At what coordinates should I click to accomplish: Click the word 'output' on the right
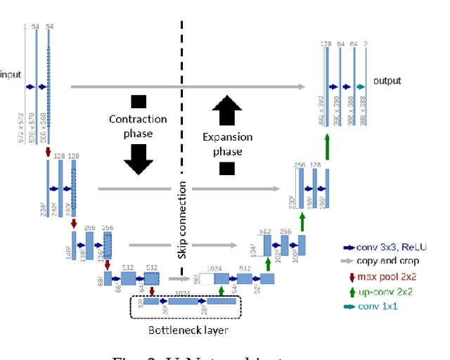(387, 81)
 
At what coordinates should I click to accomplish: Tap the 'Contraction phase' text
(138, 127)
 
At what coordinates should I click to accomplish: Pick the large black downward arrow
(138, 161)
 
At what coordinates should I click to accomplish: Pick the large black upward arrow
(226, 109)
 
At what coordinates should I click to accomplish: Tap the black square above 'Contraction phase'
(138, 101)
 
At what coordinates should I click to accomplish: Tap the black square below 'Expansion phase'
(226, 167)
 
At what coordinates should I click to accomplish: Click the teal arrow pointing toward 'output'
(359, 86)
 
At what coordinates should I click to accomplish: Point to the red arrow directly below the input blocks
(48, 152)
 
